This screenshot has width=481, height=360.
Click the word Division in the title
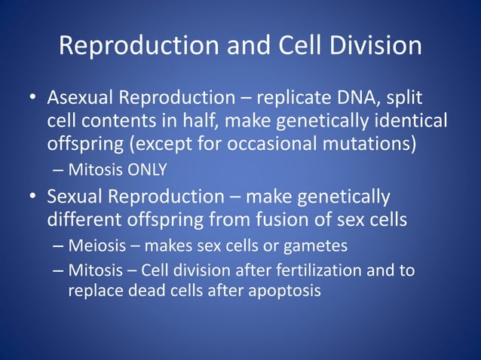click(368, 46)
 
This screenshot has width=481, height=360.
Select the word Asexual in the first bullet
click(79, 99)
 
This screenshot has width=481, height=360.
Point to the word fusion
click(288, 219)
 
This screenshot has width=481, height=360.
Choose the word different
click(84, 219)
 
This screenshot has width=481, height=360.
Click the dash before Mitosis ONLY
click(59, 169)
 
